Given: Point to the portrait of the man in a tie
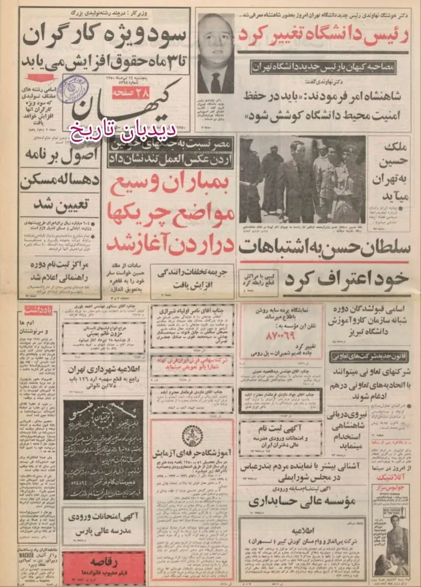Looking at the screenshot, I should pyautogui.click(x=215, y=54).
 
